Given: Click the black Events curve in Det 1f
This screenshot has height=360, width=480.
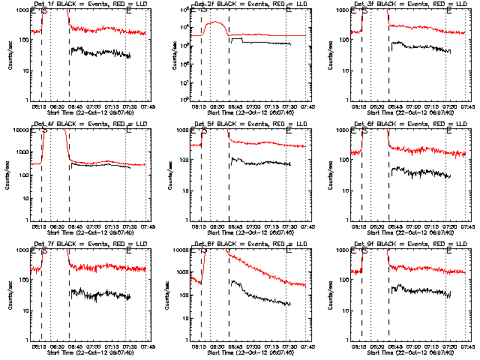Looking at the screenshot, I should click(97, 52).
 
